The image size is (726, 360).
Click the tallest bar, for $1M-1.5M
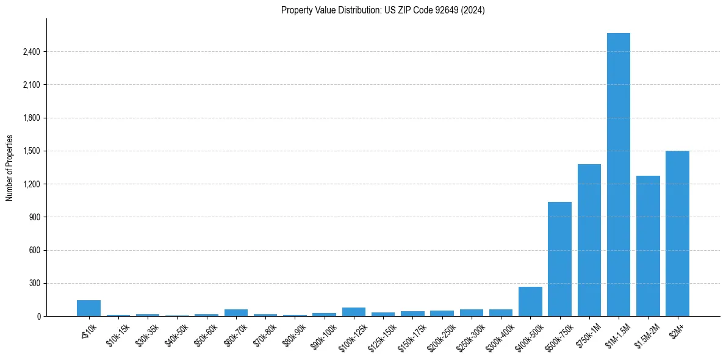619,175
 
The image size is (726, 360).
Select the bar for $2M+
677,234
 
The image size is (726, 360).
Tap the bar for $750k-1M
589,240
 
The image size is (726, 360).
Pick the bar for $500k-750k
559,259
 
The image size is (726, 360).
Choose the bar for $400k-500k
530,301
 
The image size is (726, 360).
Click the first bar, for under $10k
88,309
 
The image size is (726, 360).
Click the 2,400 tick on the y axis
31,52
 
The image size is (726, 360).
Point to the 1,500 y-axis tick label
31,151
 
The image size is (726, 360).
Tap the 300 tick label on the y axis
34,283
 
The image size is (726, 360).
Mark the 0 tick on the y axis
38,316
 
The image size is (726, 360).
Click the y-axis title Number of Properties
9,168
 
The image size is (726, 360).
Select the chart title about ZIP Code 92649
383,10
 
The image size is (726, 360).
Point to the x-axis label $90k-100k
322,334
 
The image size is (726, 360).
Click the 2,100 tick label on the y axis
31,85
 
